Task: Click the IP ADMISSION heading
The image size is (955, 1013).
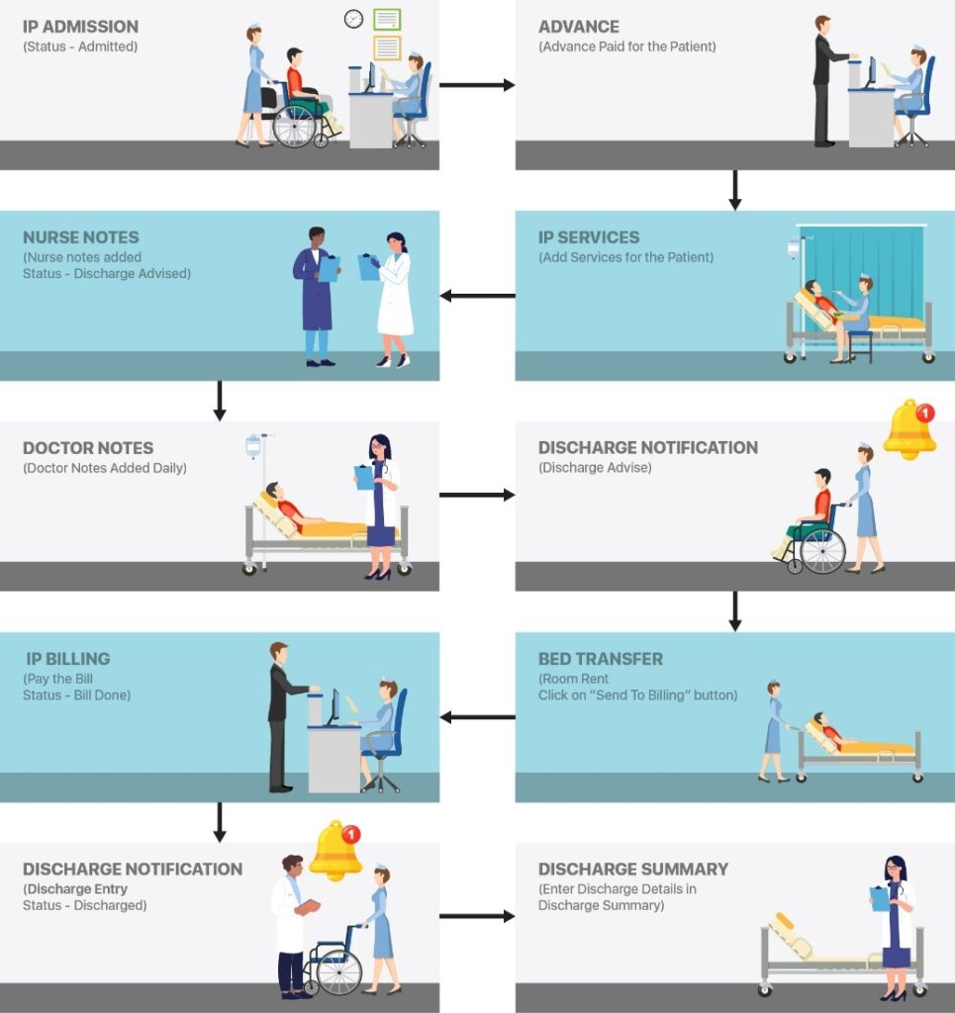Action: pyautogui.click(x=81, y=27)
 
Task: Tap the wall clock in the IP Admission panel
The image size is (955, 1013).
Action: pyautogui.click(x=353, y=19)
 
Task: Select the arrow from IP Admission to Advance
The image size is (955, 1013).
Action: pyautogui.click(x=476, y=85)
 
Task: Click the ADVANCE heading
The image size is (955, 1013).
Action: pyautogui.click(x=579, y=27)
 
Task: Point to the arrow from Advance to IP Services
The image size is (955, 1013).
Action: pyautogui.click(x=734, y=190)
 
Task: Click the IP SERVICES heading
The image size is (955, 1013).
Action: pyautogui.click(x=589, y=237)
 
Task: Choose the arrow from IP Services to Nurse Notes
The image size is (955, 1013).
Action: pyautogui.click(x=477, y=296)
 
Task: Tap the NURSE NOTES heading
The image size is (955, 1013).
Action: pyautogui.click(x=81, y=237)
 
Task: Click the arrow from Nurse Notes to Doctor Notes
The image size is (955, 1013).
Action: pyautogui.click(x=220, y=401)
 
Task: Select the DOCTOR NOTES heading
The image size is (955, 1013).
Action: pyautogui.click(x=88, y=448)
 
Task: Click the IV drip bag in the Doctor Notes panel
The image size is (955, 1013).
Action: pyautogui.click(x=254, y=445)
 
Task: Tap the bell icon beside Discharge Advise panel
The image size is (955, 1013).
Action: pyautogui.click(x=908, y=429)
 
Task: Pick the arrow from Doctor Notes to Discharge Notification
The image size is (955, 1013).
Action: pyautogui.click(x=476, y=495)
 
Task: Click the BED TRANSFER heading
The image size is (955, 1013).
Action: pyautogui.click(x=601, y=659)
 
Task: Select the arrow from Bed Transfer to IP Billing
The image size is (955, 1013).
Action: pyautogui.click(x=477, y=717)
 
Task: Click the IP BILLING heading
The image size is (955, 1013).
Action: pyautogui.click(x=68, y=659)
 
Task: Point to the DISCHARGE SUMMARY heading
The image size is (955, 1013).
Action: pyautogui.click(x=633, y=870)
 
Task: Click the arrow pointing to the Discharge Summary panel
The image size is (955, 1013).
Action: pyautogui.click(x=476, y=916)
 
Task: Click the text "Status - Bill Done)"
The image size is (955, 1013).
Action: pyautogui.click(x=77, y=695)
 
